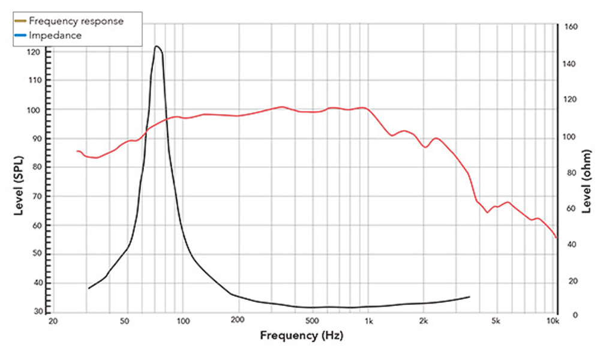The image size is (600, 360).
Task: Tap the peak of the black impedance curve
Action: click(x=157, y=46)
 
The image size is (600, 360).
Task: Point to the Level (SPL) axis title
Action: click(x=19, y=186)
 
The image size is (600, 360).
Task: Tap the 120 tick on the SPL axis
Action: click(x=34, y=52)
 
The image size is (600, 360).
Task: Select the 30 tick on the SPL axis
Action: click(x=34, y=311)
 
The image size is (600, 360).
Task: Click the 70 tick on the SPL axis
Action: click(x=34, y=196)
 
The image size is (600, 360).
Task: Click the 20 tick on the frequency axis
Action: click(x=53, y=322)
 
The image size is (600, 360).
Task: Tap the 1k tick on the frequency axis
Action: click(x=368, y=322)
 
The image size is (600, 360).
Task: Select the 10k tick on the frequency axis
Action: click(x=553, y=322)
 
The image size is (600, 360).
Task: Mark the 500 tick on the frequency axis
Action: click(x=312, y=322)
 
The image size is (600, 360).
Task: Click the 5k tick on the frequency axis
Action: click(x=496, y=322)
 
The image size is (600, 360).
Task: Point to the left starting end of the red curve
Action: click(x=77, y=151)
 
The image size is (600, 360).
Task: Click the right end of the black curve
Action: click(x=470, y=296)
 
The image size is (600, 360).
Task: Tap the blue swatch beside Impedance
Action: click(x=20, y=35)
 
